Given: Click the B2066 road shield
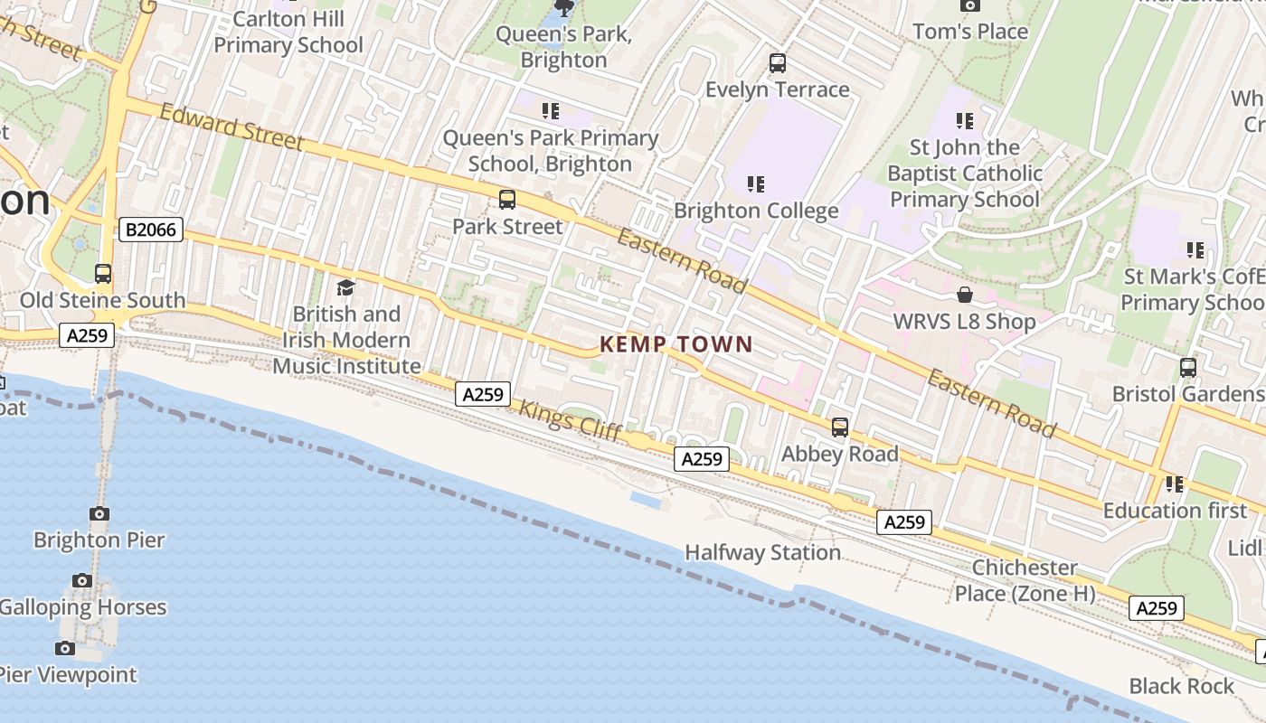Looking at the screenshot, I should coord(151,230).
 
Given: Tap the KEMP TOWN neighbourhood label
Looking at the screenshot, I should coord(676,344).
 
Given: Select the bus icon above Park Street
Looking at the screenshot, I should coord(507,200).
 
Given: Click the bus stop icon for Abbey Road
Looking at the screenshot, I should coord(840,427).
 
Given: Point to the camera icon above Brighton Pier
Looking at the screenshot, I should coord(99,514).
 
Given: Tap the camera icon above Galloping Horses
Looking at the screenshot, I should coord(82,581).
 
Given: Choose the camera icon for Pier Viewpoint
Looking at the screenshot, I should coord(65,648).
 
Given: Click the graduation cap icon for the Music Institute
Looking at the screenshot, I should coord(345,288).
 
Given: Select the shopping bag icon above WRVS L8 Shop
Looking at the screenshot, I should coord(964,296).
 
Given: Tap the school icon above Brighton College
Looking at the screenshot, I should coord(756,184).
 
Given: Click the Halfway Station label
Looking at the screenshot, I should coord(762,552).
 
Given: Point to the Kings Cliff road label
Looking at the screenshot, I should coord(570,421).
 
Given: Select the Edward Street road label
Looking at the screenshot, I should coord(231,127).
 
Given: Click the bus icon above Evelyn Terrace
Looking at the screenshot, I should coord(777,63).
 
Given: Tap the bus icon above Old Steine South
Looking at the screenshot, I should coord(103,274).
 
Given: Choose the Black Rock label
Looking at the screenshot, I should coord(1181,686).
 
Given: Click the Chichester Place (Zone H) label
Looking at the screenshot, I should coord(1025,580).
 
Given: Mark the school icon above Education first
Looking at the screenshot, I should coord(1175,484).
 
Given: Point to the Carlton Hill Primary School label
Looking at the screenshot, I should coord(288,32).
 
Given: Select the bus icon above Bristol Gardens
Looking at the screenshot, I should coord(1188,368).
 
